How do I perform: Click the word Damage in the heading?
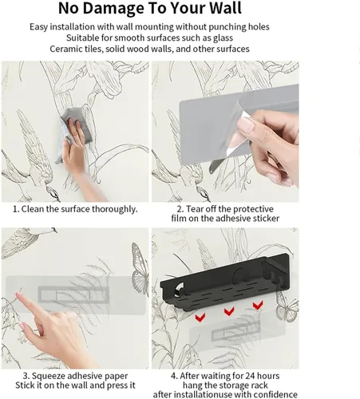click(113, 9)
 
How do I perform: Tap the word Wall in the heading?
click(226, 8)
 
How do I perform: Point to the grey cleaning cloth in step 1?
click(77, 124)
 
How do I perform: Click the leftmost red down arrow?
click(200, 317)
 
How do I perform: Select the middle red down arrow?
click(229, 311)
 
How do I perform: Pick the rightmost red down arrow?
click(258, 305)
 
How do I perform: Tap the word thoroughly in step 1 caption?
click(114, 209)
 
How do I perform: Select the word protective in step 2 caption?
click(251, 209)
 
